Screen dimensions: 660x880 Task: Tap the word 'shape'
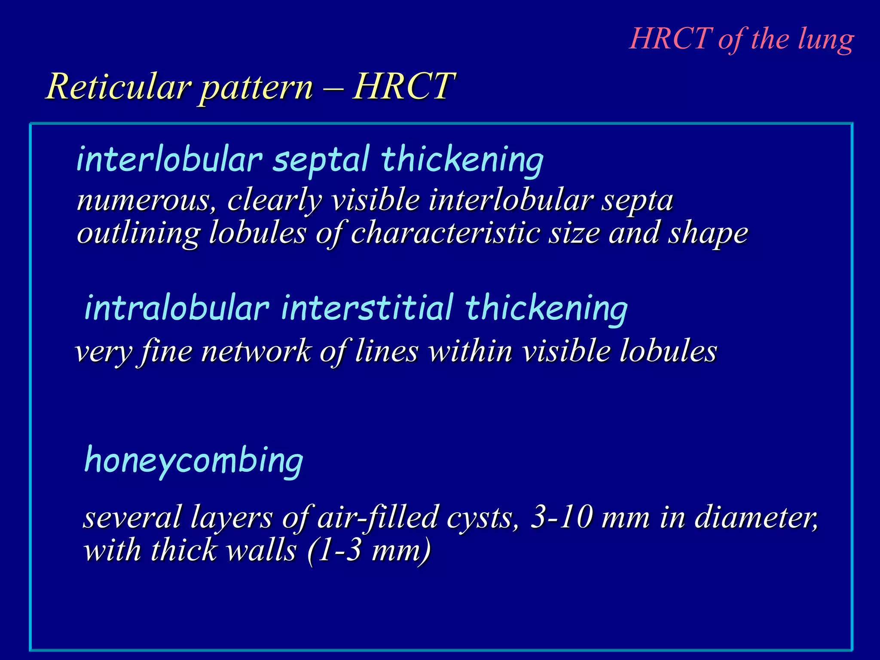click(708, 234)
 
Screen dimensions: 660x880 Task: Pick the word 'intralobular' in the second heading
click(177, 308)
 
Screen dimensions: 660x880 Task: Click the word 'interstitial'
click(367, 308)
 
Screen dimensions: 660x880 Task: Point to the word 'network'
click(256, 351)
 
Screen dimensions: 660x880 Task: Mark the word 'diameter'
click(756, 517)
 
